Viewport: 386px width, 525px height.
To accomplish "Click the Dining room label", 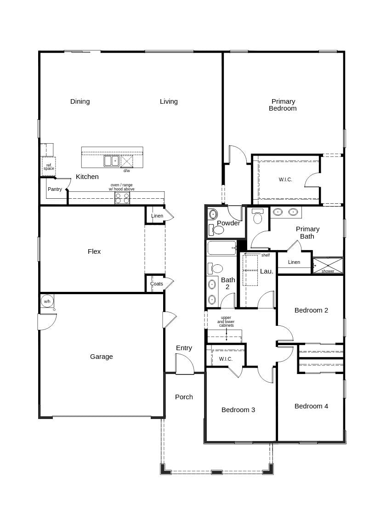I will pyautogui.click(x=80, y=101).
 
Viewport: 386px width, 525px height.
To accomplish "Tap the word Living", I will pyautogui.click(x=169, y=101).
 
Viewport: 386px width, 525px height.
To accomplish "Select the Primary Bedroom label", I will pyautogui.click(x=283, y=105).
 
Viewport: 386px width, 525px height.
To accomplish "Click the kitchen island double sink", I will pyautogui.click(x=111, y=161).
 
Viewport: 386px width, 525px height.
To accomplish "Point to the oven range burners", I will pyautogui.click(x=122, y=198).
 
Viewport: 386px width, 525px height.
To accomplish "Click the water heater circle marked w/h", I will pyautogui.click(x=47, y=301).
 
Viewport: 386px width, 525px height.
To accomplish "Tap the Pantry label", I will pyautogui.click(x=55, y=189).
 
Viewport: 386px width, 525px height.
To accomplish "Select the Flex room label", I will pyautogui.click(x=94, y=251).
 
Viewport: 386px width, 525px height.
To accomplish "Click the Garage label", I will pyautogui.click(x=102, y=357).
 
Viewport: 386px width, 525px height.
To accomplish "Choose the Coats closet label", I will pyautogui.click(x=157, y=284).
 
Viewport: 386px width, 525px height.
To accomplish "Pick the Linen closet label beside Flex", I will pyautogui.click(x=157, y=216).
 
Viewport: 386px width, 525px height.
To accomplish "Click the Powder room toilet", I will pyautogui.click(x=219, y=229).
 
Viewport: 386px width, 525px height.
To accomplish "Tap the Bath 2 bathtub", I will pyautogui.click(x=221, y=248).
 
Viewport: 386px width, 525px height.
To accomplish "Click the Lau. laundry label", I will pyautogui.click(x=267, y=271).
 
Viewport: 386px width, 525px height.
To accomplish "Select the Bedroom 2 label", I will pyautogui.click(x=311, y=310).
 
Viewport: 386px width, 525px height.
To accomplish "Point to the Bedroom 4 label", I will pyautogui.click(x=311, y=406).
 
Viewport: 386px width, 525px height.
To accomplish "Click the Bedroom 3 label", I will pyautogui.click(x=238, y=410).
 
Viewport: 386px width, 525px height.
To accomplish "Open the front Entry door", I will pyautogui.click(x=184, y=364).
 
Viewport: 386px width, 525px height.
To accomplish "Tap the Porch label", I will pyautogui.click(x=184, y=397).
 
